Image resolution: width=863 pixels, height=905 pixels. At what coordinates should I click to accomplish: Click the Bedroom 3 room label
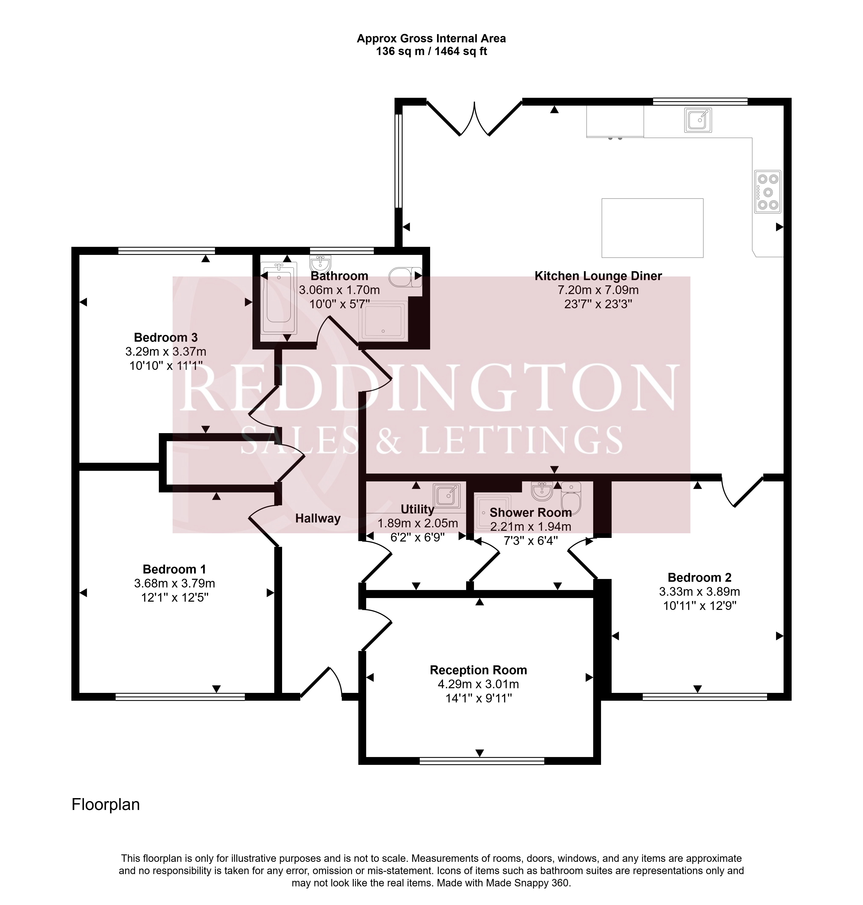pos(166,337)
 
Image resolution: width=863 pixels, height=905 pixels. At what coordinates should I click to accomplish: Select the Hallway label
pos(318,519)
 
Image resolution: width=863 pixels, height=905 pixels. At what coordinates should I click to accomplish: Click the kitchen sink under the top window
pos(698,120)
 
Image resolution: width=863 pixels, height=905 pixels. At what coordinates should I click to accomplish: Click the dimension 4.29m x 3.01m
pos(478,684)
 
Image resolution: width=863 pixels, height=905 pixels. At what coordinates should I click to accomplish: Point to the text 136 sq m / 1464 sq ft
pos(432,51)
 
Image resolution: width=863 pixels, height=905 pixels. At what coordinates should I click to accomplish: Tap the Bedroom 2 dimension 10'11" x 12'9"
pos(700,606)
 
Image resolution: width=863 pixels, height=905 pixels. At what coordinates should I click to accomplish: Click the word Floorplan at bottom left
pos(106,805)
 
